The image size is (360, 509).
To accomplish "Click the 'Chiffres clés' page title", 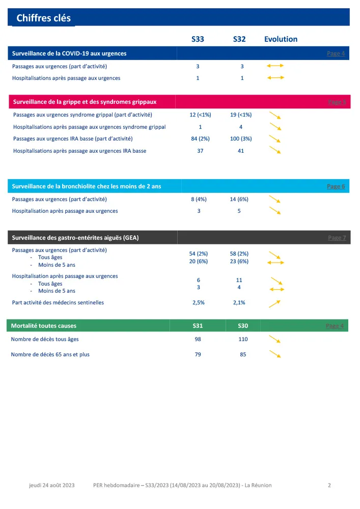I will [x=43, y=18].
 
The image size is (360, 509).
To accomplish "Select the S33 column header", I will [x=198, y=39].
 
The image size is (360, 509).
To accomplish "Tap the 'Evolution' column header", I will [x=281, y=39].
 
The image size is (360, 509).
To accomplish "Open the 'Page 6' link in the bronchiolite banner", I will [x=336, y=186].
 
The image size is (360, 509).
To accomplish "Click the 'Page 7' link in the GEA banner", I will [x=336, y=238].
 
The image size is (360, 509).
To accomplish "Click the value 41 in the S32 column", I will [x=241, y=151].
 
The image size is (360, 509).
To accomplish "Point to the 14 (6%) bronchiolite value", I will [x=239, y=200].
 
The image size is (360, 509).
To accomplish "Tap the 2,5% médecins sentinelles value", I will [x=199, y=302].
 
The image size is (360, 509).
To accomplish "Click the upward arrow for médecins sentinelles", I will [x=275, y=303].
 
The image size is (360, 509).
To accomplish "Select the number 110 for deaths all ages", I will [x=243, y=339].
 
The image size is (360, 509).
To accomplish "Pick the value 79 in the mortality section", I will [x=198, y=354].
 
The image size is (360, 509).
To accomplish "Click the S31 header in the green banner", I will [x=198, y=326].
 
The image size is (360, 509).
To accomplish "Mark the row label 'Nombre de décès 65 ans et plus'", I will [x=50, y=354].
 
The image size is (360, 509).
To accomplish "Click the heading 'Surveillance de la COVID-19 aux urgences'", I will [x=69, y=53].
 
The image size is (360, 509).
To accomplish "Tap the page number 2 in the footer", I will [x=329, y=485].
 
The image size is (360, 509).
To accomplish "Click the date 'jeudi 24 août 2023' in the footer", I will [x=51, y=485].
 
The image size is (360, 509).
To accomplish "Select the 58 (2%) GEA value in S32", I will [x=239, y=253].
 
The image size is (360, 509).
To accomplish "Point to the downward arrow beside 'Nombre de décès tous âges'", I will [x=275, y=340].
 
